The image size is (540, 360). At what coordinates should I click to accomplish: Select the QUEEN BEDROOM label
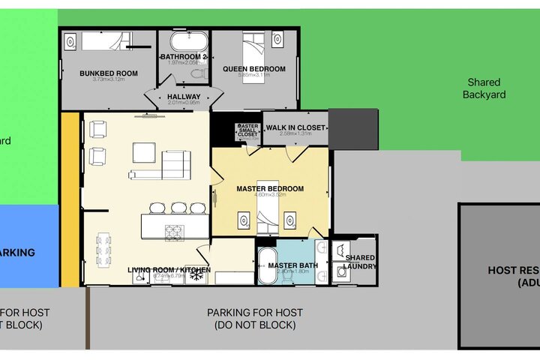pos(254,69)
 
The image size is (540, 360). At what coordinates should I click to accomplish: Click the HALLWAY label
pos(184,97)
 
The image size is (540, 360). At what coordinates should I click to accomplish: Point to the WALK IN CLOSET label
pos(295,127)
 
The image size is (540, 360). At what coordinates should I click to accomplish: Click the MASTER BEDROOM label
pos(270,189)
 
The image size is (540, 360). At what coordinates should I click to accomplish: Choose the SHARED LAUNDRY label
pos(359,262)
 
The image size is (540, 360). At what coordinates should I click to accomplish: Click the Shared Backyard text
pos(484,88)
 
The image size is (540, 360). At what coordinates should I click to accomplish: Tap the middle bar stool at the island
pos(178,208)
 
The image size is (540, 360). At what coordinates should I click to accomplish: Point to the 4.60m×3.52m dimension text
pos(270,197)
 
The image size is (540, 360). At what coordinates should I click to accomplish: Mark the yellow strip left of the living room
pos(70,199)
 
